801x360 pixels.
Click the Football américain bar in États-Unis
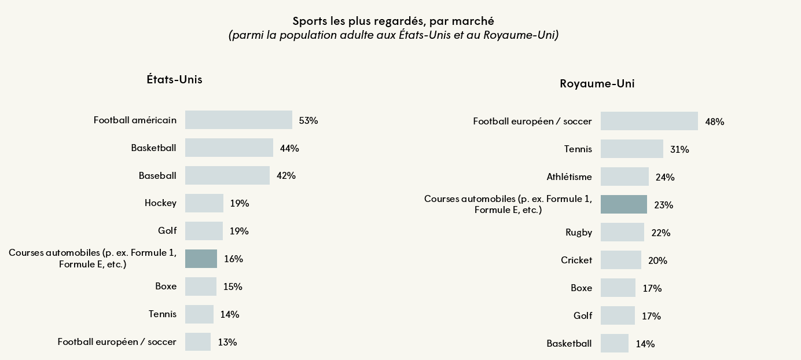[x=238, y=120]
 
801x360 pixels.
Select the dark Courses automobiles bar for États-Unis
[x=201, y=259]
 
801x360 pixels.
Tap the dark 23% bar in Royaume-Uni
[x=623, y=204]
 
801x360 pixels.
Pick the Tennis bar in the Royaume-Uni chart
[x=631, y=149]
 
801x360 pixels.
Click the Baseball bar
[x=227, y=175]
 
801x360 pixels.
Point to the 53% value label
[x=308, y=120]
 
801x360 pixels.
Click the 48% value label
[x=714, y=122]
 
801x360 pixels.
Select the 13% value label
[x=227, y=342]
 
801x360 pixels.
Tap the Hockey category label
[x=160, y=203]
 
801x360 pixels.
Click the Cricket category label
[x=576, y=260]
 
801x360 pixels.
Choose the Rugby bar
[x=622, y=232]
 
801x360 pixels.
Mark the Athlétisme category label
[x=569, y=177]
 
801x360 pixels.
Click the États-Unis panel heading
[x=174, y=80]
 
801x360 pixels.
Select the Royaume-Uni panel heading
[x=597, y=84]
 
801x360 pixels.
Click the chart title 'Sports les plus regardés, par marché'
[x=393, y=21]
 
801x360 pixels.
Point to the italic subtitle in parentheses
[x=393, y=36]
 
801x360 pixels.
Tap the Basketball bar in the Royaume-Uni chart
[x=614, y=343]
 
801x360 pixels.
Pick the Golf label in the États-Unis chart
[x=167, y=231]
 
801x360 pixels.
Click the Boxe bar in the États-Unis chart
[x=200, y=286]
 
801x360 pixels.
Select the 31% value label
[x=679, y=149]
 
